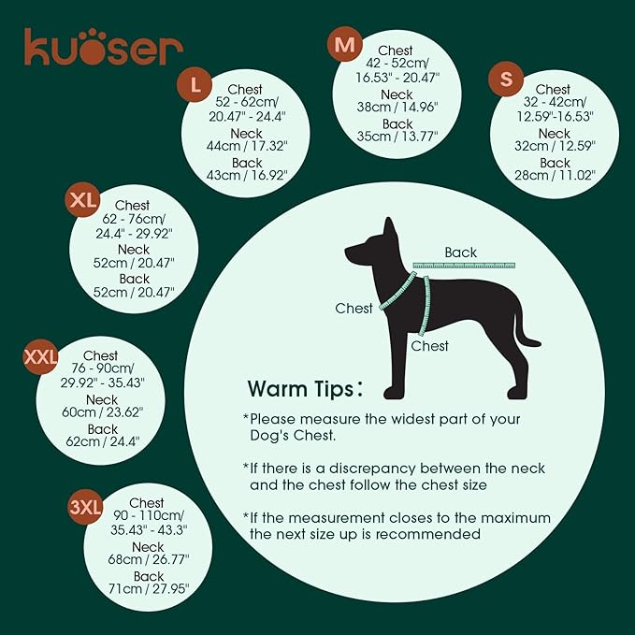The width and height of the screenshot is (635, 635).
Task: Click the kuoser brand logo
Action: [x=103, y=47]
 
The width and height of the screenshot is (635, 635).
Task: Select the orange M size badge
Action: [x=345, y=44]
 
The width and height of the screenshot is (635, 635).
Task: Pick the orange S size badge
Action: [x=506, y=80]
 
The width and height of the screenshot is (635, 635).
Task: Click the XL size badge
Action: [x=83, y=200]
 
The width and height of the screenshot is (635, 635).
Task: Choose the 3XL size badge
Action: [x=85, y=508]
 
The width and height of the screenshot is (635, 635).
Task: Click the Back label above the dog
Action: [x=461, y=253]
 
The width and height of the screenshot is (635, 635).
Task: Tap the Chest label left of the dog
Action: [x=354, y=308]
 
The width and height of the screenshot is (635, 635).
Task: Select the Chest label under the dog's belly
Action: [x=430, y=346]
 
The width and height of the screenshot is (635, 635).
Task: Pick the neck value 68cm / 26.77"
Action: [x=148, y=561]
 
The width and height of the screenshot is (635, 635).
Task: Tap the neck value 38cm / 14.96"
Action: [x=397, y=108]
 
